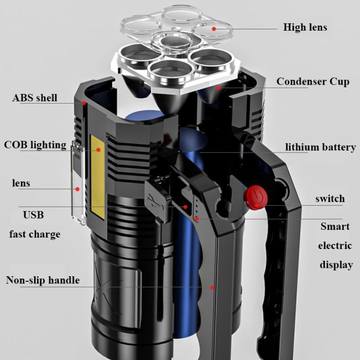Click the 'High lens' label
[305, 27]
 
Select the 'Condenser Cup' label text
[313, 81]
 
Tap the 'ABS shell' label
[35, 98]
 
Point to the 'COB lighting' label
[35, 145]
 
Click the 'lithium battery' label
[320, 147]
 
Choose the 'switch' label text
[330, 198]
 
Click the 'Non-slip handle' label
[43, 280]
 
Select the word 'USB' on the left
[33, 215]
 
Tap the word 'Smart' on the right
[335, 226]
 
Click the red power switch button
[255, 198]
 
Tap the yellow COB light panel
[97, 175]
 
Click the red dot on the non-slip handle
[212, 287]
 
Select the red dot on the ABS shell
[84, 103]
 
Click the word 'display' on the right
[336, 265]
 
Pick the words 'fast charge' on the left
[35, 234]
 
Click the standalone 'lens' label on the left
[21, 183]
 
